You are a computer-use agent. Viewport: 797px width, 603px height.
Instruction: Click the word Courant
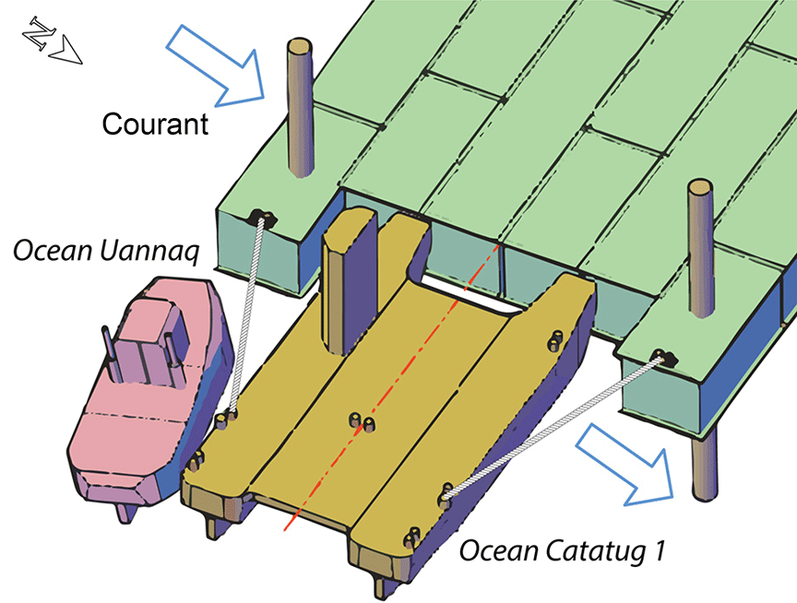[x=155, y=123]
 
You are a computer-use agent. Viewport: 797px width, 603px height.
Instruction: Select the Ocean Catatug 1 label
[x=562, y=552]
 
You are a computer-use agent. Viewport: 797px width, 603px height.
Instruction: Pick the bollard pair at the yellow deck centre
[x=361, y=422]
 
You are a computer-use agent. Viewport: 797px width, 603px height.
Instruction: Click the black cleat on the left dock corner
[x=262, y=218]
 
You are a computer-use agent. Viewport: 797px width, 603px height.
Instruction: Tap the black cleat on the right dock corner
[x=662, y=356]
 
